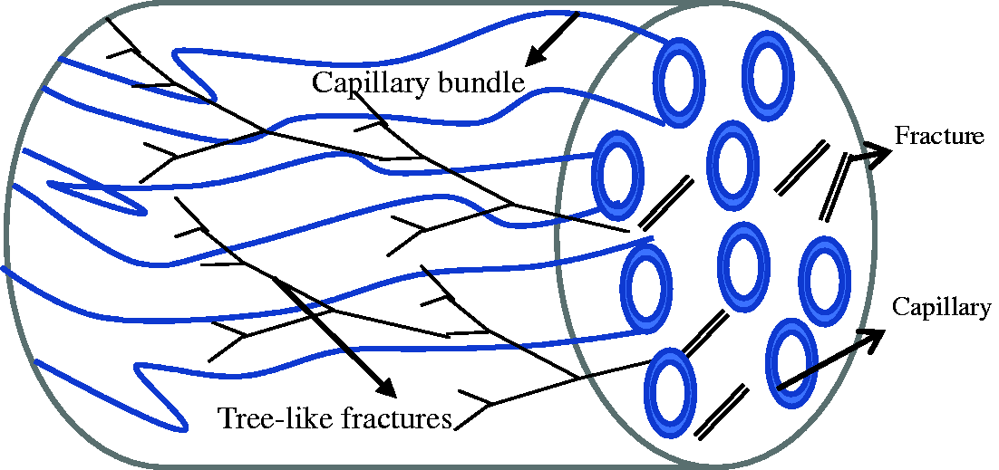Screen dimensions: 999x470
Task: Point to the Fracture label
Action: point(940,136)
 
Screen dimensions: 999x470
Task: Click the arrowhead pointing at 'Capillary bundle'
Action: point(537,53)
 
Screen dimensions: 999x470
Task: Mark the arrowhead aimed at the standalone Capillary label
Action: point(870,339)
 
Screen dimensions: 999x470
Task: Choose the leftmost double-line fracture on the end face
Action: point(665,203)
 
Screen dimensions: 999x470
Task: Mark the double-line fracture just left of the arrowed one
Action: point(801,168)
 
